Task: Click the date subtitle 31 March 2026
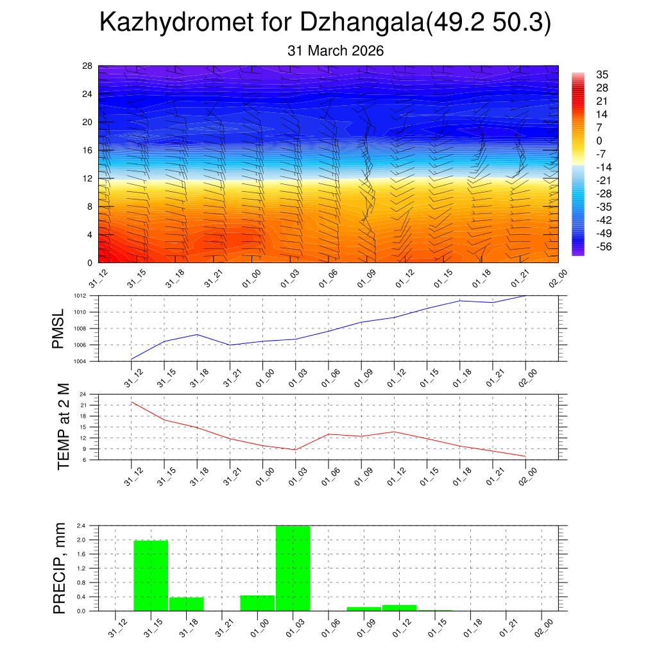coord(336,51)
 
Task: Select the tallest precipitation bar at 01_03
coord(293,568)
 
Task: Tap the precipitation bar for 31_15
coord(151,576)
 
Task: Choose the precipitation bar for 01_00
coord(257,603)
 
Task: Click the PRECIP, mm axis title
coord(60,567)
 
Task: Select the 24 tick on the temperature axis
coord(83,395)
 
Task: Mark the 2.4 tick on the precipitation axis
coord(81,525)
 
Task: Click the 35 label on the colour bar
coord(602,74)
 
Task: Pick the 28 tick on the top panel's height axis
coord(87,66)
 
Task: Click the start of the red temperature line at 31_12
coord(132,402)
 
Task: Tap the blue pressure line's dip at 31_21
coord(230,345)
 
